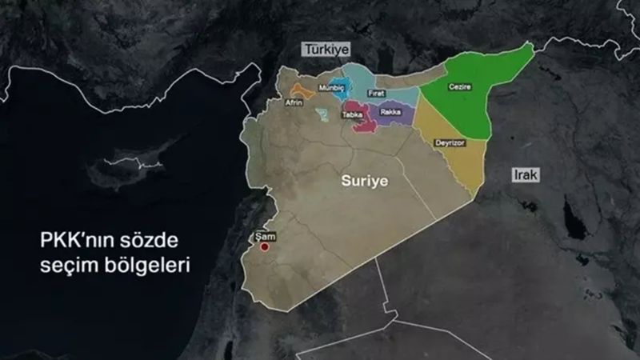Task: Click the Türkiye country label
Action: tap(326, 50)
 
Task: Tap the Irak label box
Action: tap(526, 174)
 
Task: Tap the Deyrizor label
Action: tap(449, 142)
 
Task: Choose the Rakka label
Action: tap(390, 112)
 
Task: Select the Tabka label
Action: tap(353, 115)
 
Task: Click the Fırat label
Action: tap(376, 94)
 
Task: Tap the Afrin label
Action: tap(294, 102)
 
